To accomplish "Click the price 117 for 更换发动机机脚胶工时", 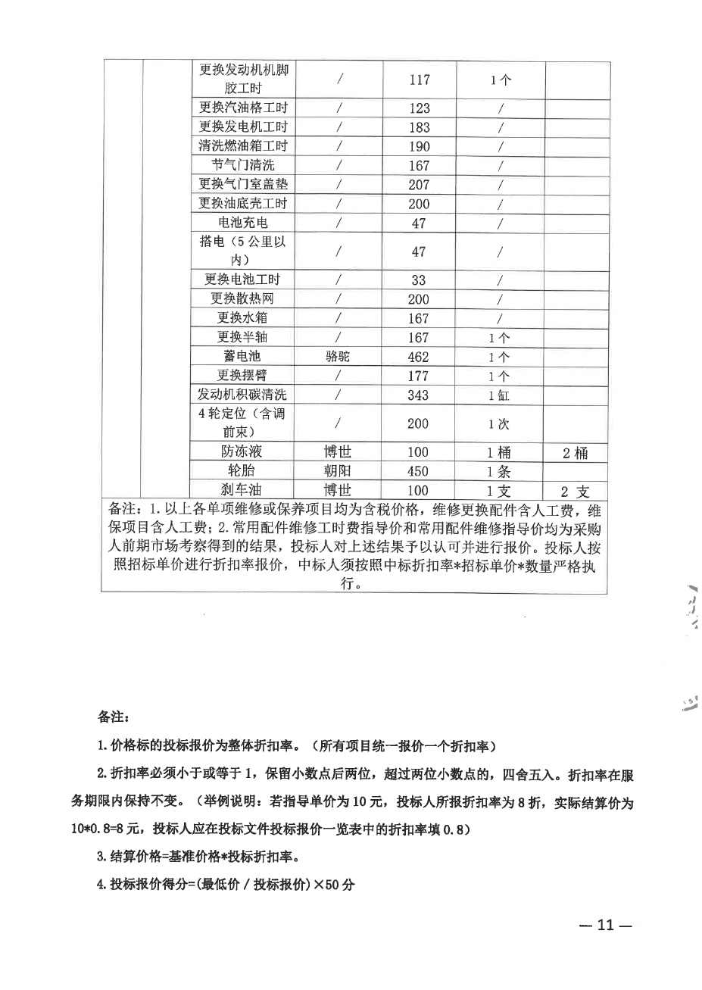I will tap(419, 80).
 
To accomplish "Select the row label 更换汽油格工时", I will tap(243, 108).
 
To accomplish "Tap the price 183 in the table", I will tap(419, 127).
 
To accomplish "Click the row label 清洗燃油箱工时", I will tap(243, 146).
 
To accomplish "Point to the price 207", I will tap(419, 185).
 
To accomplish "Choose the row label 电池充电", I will tap(243, 223).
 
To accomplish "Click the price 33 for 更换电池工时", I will tap(419, 280).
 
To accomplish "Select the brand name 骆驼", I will tap(338, 357).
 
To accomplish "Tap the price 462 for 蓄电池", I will tap(419, 357).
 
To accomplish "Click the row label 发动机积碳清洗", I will tap(243, 395).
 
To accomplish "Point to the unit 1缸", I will tap(499, 395).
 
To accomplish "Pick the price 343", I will tap(419, 395).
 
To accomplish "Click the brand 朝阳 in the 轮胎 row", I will tap(338, 471).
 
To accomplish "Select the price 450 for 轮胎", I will tap(419, 471).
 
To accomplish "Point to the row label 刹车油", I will tap(243, 490).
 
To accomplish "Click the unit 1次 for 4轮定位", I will tap(499, 424).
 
